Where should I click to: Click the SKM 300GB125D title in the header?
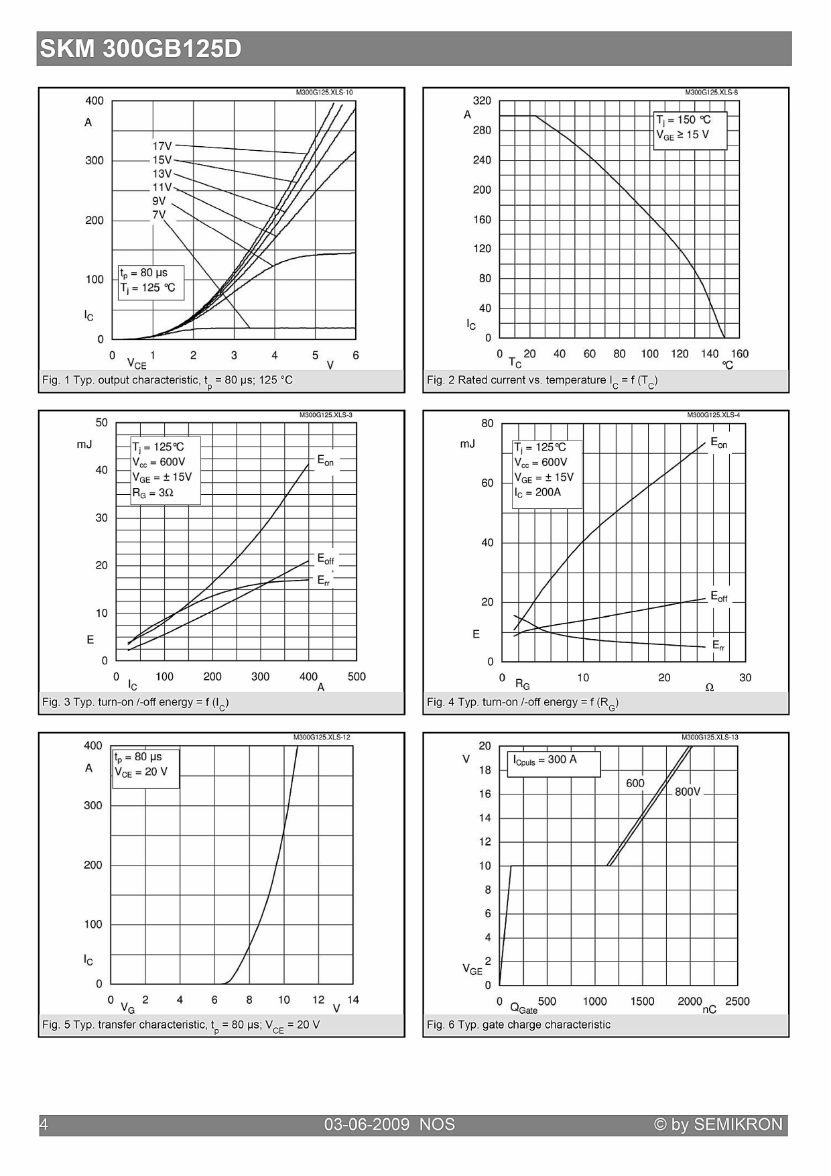point(140,49)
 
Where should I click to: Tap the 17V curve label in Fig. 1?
point(162,146)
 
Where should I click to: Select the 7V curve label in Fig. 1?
point(159,215)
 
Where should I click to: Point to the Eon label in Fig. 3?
point(325,461)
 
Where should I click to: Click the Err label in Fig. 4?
point(718,645)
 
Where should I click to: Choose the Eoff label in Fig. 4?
point(718,597)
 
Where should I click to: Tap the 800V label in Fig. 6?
point(688,792)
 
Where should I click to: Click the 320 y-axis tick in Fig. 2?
point(482,101)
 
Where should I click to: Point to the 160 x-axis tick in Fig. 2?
point(739,353)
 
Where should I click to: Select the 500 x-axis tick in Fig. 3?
point(357,677)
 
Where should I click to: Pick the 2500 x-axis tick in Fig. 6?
point(737,1001)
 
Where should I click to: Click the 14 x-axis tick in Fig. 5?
point(353,1000)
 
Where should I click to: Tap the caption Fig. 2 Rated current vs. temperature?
point(542,380)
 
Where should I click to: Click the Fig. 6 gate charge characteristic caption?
point(519,1024)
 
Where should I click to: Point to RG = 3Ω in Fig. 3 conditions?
point(153,493)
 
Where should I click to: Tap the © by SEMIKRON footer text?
point(718,1124)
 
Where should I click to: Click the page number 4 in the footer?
point(44,1124)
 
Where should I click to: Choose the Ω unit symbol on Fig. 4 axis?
point(710,687)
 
